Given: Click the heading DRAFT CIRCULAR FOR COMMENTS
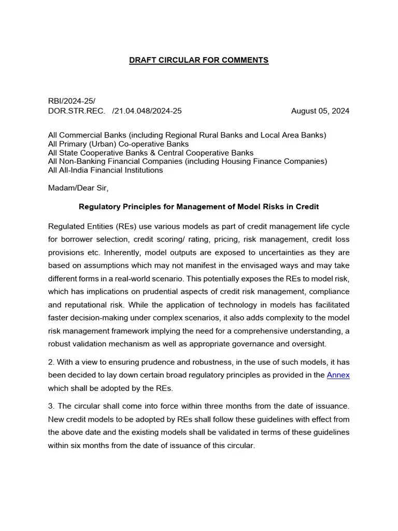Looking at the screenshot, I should (x=198, y=60).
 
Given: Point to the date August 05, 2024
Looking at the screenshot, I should (x=320, y=110).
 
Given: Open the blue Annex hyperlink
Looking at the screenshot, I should (x=338, y=375).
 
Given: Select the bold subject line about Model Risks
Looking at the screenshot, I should (x=198, y=206).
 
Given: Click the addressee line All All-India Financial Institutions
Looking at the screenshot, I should (x=105, y=170).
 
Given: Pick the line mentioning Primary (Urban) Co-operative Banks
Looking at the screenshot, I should (x=118, y=144).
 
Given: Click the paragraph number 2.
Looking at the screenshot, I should (x=50, y=362).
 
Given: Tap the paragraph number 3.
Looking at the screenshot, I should (x=50, y=406).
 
